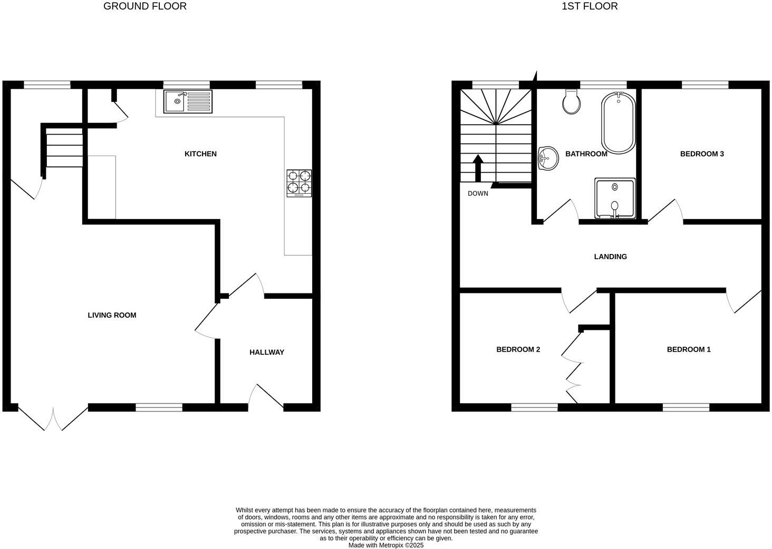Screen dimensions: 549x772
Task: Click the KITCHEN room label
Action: [200, 154]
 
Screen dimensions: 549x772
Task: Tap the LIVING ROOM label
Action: [112, 315]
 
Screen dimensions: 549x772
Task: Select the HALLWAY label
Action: [267, 352]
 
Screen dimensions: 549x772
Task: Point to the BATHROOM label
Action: [586, 154]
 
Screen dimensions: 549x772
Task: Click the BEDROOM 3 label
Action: [702, 154]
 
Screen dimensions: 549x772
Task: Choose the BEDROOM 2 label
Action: [518, 349]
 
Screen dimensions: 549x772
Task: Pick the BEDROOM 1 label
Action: [689, 349]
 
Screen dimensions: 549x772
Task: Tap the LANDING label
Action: [610, 257]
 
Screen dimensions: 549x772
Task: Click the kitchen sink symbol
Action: [188, 101]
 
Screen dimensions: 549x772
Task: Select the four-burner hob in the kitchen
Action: [299, 183]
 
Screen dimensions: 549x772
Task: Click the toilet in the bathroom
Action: [572, 102]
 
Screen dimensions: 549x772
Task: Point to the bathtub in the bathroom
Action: [617, 123]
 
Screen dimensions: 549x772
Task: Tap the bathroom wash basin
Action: [548, 158]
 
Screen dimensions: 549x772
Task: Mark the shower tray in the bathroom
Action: [615, 198]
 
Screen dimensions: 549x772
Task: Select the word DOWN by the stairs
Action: [478, 194]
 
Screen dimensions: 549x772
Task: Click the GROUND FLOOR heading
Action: [145, 6]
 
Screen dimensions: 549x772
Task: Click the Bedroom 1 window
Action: [686, 406]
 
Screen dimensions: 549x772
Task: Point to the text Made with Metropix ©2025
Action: [386, 545]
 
